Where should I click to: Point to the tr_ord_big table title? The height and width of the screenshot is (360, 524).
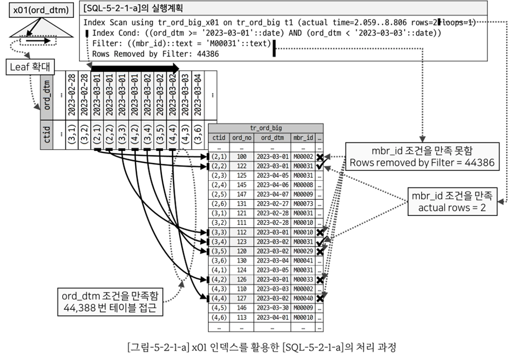click(266, 128)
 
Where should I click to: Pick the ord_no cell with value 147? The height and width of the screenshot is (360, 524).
click(241, 194)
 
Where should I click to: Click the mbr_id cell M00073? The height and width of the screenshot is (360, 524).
click(303, 204)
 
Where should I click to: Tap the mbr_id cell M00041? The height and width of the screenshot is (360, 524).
click(303, 260)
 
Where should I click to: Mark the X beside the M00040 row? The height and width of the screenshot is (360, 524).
click(320, 298)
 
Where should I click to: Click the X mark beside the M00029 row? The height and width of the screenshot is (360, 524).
click(320, 251)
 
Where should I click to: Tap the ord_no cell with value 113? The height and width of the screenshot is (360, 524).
click(241, 317)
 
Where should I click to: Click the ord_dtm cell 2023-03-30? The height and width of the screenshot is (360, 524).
click(273, 308)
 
